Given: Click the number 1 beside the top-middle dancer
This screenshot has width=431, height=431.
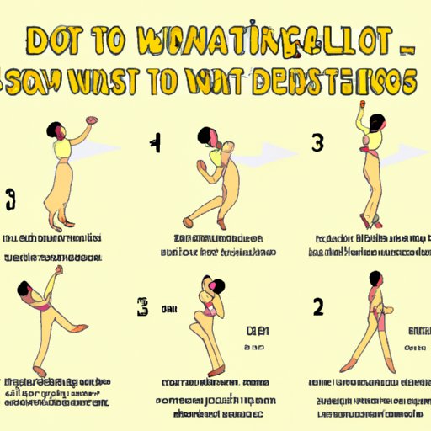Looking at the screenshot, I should pyautogui.click(x=155, y=144).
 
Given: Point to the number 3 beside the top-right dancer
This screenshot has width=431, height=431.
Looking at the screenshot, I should pyautogui.click(x=317, y=144).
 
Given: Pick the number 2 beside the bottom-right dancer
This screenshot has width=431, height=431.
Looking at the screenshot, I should pyautogui.click(x=317, y=306).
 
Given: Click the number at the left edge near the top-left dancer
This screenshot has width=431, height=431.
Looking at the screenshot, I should pyautogui.click(x=9, y=202).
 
